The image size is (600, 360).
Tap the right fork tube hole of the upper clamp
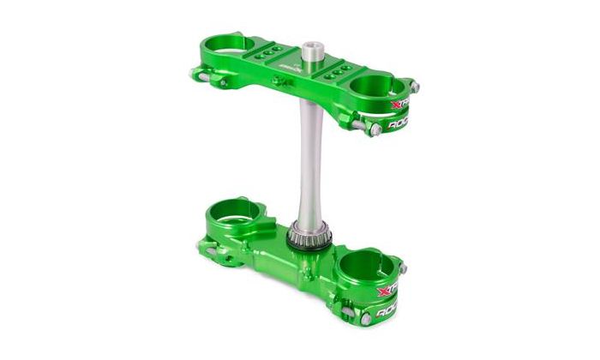[x=377, y=84]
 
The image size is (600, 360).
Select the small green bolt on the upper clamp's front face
[x=275, y=81]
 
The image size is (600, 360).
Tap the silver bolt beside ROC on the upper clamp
[x=375, y=129]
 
